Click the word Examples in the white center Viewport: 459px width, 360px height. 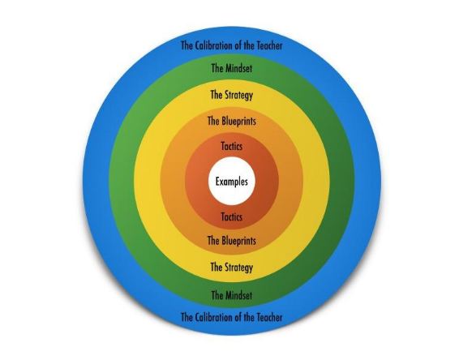tap(232, 182)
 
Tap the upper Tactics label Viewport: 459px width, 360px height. tap(232, 146)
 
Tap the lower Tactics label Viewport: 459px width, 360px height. tap(232, 216)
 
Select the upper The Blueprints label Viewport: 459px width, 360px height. tap(232, 121)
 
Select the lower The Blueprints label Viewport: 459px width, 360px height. tap(232, 241)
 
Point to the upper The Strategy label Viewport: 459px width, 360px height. tap(232, 95)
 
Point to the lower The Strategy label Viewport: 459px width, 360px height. tap(232, 268)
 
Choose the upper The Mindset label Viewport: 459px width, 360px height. tap(232, 68)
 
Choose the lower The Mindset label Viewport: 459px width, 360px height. tap(232, 295)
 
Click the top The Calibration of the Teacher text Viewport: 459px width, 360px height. tap(232, 45)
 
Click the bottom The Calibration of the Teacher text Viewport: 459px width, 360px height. tap(232, 317)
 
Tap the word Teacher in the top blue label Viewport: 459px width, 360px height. tap(269, 45)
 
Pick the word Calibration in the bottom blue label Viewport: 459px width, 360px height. tap(211, 317)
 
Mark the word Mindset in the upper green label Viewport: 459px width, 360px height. tap(238, 68)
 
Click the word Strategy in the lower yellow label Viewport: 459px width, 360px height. tap(239, 268)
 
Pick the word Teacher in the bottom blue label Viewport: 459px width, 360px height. tap(269, 317)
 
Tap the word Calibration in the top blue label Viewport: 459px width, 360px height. tap(211, 45)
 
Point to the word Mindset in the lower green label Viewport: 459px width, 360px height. tap(238, 295)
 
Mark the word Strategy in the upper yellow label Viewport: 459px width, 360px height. tap(239, 96)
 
